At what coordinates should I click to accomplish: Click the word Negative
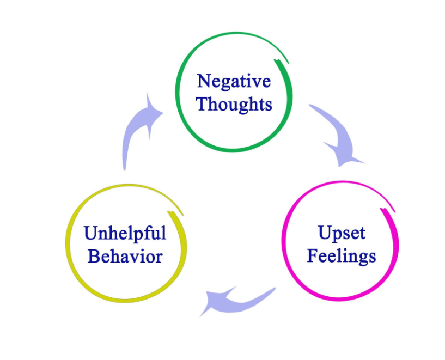234,81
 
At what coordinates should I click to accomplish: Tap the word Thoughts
234,103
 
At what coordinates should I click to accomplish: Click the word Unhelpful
125,234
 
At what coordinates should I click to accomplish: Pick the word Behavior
125,256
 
